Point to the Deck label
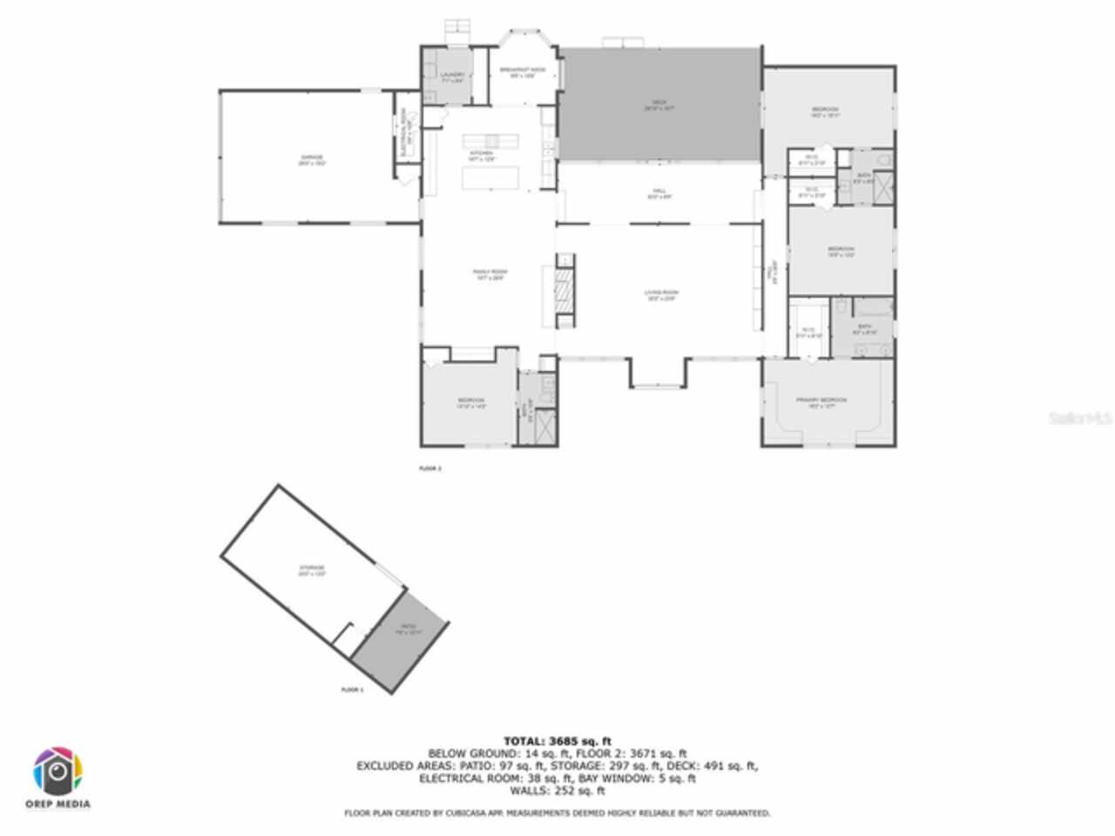(x=659, y=105)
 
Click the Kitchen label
(x=482, y=156)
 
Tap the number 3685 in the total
(x=567, y=742)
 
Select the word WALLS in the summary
(x=528, y=791)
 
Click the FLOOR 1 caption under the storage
(x=352, y=690)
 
